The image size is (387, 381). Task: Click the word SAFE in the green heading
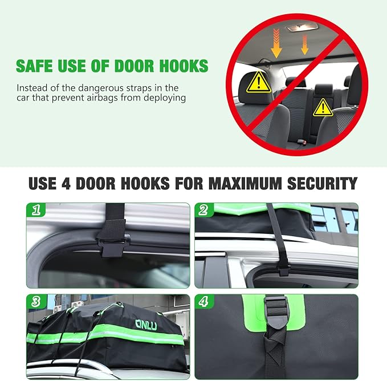coord(34,66)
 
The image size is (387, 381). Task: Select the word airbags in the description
coord(101,98)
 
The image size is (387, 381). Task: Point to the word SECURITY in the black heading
coord(323,184)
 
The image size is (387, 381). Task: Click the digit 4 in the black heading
coord(66,184)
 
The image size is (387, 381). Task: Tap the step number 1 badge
coord(36,210)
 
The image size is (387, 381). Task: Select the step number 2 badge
coord(204,210)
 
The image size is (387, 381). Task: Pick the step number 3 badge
coord(36,302)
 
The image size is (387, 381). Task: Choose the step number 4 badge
coord(204,302)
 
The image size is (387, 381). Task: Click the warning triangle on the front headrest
coord(258,82)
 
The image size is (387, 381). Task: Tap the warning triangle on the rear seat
coord(323,108)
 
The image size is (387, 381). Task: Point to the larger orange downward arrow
coord(276,43)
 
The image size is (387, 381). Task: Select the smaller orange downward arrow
coord(305,44)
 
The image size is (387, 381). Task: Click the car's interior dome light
coord(302,27)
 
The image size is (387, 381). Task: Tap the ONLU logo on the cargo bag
coord(146,325)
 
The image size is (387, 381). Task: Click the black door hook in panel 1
coord(113,245)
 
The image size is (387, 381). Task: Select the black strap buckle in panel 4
coord(276,311)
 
